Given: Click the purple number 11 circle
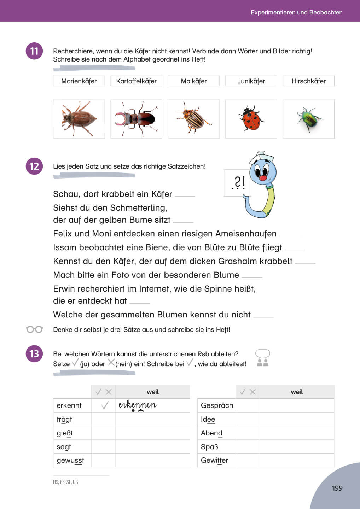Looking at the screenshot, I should click(x=34, y=51).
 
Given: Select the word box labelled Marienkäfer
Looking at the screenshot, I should click(x=79, y=81).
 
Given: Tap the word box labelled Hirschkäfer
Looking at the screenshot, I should click(x=308, y=81).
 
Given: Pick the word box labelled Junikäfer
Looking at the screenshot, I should click(x=251, y=81).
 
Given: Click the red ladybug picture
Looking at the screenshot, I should click(x=251, y=119).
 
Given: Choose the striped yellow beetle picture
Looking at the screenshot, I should click(x=194, y=119).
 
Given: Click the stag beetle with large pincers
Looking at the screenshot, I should click(x=136, y=119).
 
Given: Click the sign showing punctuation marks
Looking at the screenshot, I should click(x=238, y=182).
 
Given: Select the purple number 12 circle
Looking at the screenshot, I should click(x=34, y=166).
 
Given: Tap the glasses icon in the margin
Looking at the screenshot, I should click(x=35, y=329).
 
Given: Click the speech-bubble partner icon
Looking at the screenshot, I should click(x=262, y=358).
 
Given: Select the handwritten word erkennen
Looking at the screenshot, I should click(x=138, y=405).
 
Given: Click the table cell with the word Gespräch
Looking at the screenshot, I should click(x=217, y=405).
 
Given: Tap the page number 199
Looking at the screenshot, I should click(x=337, y=488).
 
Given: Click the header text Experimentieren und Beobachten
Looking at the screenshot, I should click(x=296, y=12).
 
